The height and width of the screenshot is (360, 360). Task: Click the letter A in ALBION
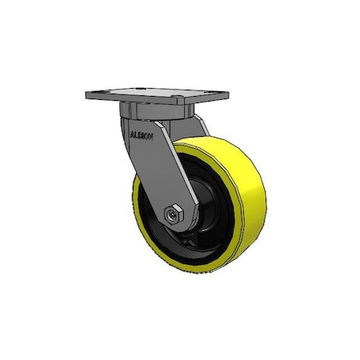(x=131, y=134)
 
